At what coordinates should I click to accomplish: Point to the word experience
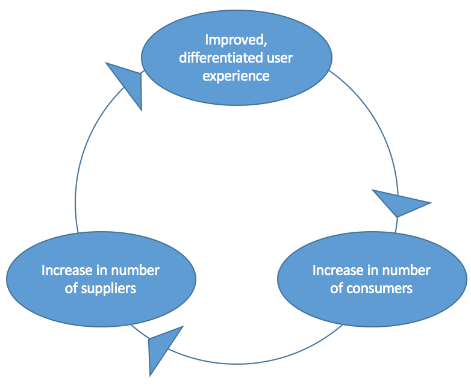click(x=236, y=76)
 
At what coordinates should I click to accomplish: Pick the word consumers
click(x=380, y=288)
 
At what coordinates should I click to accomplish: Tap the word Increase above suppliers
click(x=66, y=270)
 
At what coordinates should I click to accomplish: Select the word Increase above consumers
click(x=337, y=270)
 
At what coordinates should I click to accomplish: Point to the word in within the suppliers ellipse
click(x=100, y=270)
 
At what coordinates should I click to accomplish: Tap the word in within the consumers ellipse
click(x=371, y=270)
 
